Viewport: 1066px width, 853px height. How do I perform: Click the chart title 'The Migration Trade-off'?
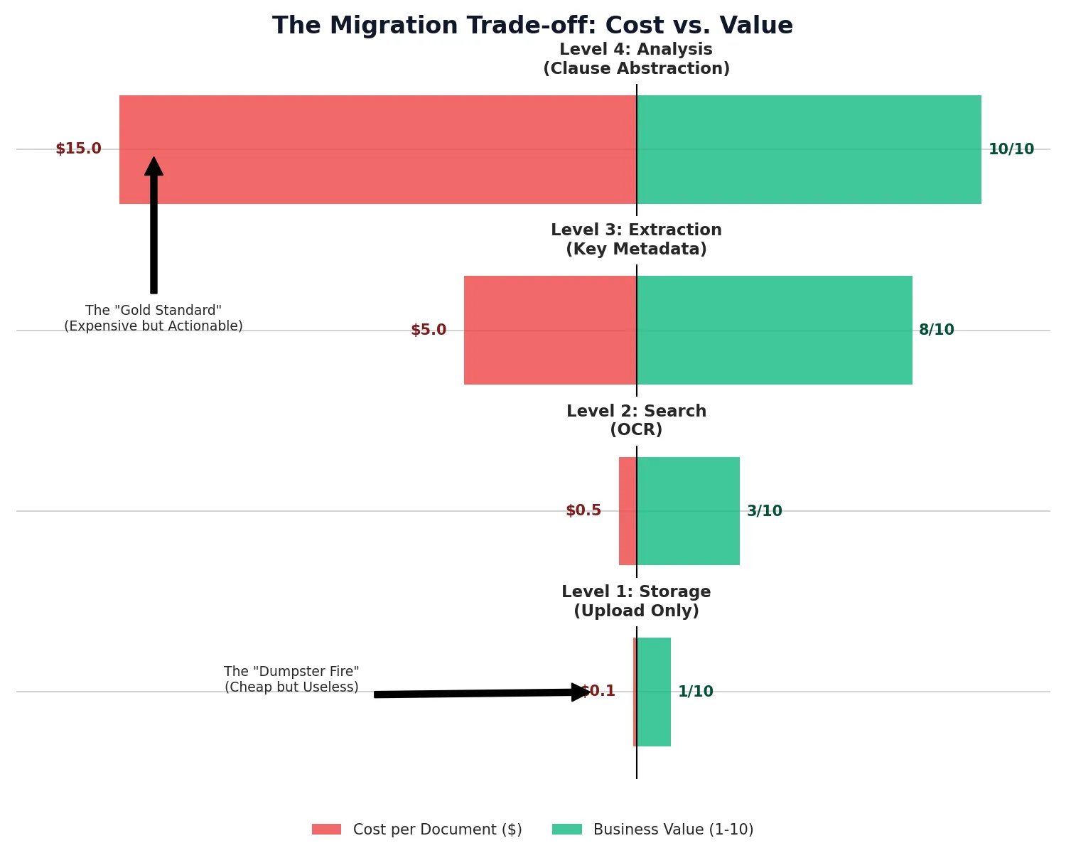point(532,26)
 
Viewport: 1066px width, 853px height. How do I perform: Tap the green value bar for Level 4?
point(809,149)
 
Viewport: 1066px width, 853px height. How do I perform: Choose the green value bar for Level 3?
point(775,330)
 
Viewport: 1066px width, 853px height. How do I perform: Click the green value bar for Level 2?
point(688,511)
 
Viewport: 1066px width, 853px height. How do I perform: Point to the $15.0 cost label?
point(78,149)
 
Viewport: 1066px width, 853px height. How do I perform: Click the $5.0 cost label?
point(429,331)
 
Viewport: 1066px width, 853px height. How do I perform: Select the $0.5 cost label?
point(583,511)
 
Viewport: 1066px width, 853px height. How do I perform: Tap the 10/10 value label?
point(1011,149)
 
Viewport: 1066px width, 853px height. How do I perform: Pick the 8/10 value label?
point(936,331)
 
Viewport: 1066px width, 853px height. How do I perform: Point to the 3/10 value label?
point(764,511)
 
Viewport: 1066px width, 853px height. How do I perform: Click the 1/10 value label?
point(695,692)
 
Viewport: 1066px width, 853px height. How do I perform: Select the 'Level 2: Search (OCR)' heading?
point(636,420)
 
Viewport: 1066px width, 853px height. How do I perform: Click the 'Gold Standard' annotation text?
point(154,318)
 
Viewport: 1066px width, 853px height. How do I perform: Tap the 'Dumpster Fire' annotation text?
point(291,680)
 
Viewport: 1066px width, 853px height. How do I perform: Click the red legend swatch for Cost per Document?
point(326,830)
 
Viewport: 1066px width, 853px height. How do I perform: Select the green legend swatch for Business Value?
point(566,830)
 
